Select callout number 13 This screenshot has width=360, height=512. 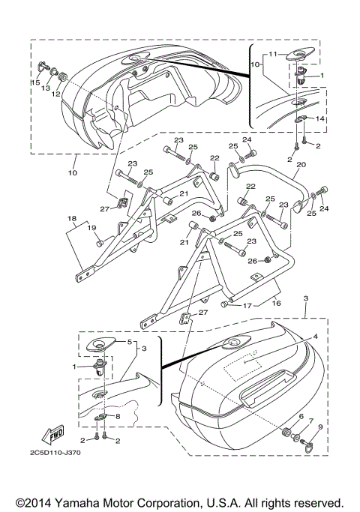[46, 88]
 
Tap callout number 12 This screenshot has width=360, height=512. [55, 94]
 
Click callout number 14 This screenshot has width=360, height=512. [320, 118]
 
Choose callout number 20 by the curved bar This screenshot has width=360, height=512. [301, 164]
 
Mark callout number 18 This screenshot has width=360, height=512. [72, 218]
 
